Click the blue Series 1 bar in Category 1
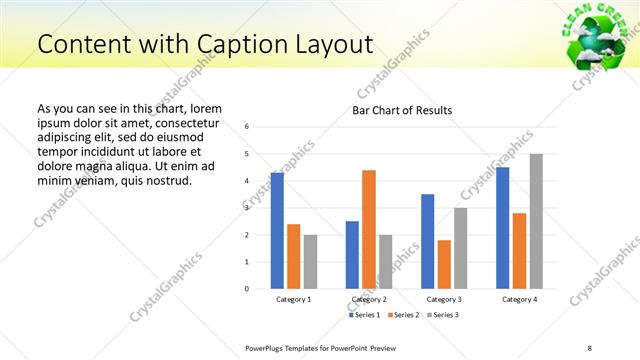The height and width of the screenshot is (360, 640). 277,230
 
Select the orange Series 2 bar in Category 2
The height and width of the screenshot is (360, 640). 369,229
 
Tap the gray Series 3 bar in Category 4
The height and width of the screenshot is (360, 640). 536,221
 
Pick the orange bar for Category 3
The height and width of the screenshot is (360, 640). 444,264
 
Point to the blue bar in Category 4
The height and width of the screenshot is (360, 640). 502,227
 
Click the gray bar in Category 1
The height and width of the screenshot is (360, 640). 311,261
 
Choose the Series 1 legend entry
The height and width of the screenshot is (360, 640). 363,315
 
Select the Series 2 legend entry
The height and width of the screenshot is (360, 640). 403,315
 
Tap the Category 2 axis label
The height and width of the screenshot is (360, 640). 369,299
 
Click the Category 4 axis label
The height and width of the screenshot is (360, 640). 519,299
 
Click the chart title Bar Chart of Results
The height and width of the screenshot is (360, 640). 402,109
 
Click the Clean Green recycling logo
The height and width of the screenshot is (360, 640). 597,37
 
